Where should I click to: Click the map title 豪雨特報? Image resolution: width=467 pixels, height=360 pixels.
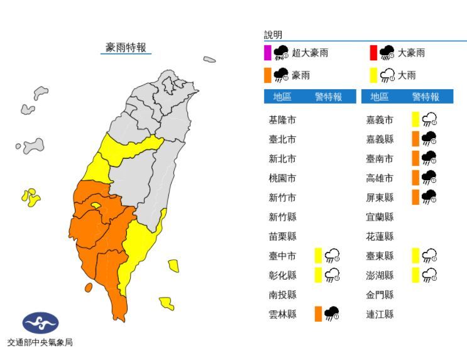(126, 48)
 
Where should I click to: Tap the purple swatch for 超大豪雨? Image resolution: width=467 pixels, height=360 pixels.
(268, 53)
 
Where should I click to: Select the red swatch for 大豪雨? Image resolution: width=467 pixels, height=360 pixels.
(373, 53)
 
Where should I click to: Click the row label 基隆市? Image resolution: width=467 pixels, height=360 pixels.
(282, 120)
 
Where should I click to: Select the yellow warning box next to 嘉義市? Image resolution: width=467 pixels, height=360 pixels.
(415, 119)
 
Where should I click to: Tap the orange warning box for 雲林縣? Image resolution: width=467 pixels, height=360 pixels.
(319, 314)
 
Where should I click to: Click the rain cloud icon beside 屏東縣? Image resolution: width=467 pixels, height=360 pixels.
(429, 197)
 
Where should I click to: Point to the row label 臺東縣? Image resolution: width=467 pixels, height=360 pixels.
(380, 256)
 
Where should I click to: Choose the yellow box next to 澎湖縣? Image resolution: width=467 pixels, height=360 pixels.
(415, 275)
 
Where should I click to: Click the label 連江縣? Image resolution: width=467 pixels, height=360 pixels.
(380, 314)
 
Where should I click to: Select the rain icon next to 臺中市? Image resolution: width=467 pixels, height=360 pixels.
(332, 256)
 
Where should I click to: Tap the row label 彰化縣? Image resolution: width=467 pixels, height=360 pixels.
(282, 275)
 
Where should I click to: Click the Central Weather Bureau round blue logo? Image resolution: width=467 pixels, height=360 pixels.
(40, 324)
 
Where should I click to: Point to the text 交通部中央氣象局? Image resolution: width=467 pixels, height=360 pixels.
(40, 343)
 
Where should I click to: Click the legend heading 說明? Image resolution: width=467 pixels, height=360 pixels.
(273, 35)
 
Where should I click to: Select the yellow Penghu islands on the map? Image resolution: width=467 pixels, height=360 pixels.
(30, 197)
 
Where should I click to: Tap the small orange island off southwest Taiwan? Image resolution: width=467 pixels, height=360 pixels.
(88, 287)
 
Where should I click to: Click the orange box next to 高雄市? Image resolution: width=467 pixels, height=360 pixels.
(415, 178)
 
